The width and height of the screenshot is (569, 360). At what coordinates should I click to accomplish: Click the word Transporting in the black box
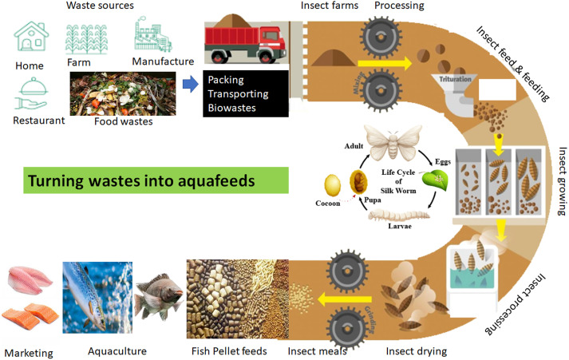(239, 93)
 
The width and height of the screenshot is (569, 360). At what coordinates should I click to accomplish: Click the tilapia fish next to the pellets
(160, 295)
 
